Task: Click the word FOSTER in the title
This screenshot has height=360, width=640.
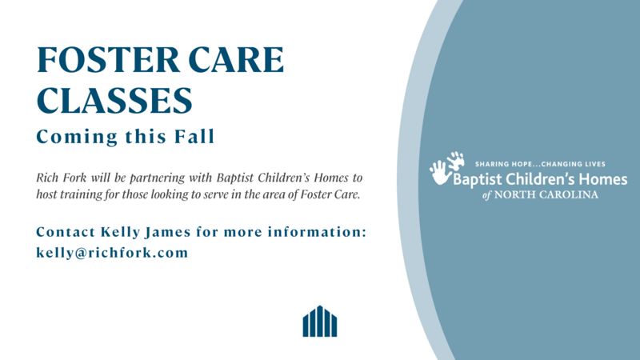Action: (x=108, y=59)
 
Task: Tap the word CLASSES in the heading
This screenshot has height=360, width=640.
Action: (x=114, y=101)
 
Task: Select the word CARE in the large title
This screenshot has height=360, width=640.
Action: (x=236, y=59)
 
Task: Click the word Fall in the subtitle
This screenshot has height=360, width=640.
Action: (x=194, y=136)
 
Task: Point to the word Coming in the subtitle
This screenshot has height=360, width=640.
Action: (x=77, y=137)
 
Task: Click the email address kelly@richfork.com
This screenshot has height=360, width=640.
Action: (x=112, y=253)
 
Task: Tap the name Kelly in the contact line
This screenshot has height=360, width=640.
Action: (x=121, y=232)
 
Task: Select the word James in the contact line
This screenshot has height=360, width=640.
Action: (x=167, y=232)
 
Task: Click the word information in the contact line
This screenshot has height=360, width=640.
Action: (x=317, y=232)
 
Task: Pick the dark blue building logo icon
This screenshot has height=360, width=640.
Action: (x=320, y=322)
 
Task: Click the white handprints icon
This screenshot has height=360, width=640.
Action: (x=446, y=168)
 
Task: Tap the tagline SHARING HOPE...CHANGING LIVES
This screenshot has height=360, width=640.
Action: (x=540, y=164)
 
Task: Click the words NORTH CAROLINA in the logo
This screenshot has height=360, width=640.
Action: (x=546, y=194)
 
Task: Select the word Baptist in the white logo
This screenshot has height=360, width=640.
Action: (x=478, y=179)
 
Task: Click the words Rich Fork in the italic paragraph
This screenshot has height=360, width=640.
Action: (x=62, y=178)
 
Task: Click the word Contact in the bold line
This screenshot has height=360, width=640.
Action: (x=66, y=232)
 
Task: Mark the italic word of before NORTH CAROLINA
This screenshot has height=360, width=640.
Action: (x=486, y=195)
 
